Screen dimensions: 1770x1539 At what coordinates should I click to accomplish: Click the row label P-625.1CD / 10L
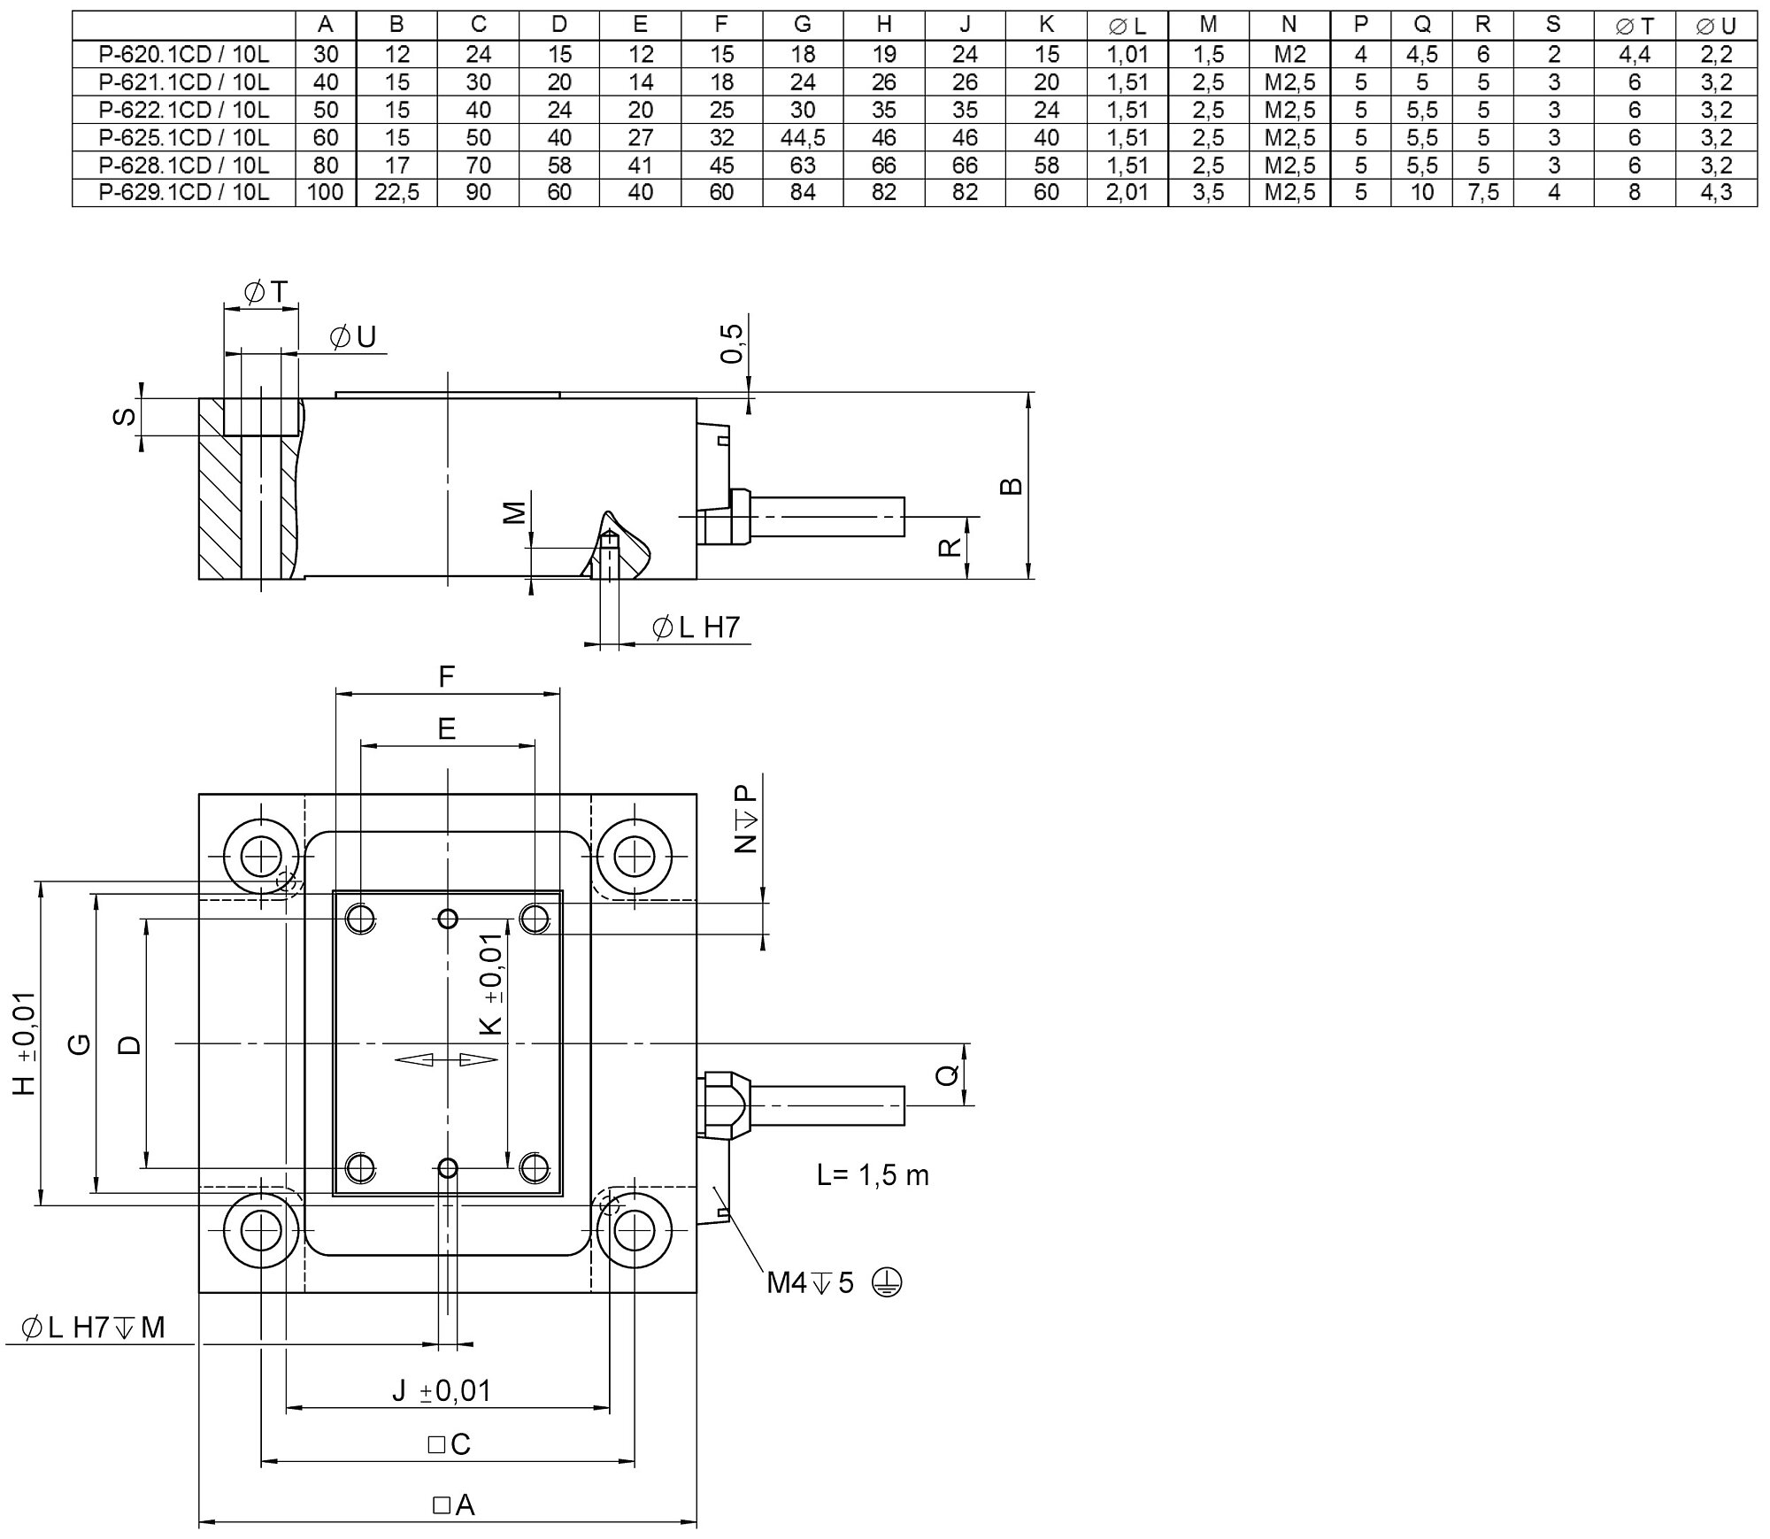click(184, 137)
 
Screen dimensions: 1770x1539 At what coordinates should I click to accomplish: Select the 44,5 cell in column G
click(803, 137)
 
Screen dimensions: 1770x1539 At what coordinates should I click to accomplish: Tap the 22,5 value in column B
click(396, 192)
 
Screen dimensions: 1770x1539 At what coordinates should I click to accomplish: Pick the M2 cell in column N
click(1289, 54)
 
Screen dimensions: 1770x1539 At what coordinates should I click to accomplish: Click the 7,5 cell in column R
click(1483, 192)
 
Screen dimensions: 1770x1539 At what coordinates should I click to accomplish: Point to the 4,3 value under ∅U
click(1716, 192)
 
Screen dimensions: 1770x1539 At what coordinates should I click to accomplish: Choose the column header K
click(1046, 25)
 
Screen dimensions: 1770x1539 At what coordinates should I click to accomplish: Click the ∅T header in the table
click(1635, 27)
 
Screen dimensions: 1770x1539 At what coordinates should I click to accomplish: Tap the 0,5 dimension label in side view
click(732, 342)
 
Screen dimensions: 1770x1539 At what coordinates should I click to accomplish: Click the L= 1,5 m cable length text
click(873, 1175)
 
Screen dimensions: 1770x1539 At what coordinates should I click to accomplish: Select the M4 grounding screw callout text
click(811, 1282)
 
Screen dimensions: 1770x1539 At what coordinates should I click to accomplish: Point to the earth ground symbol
click(887, 1282)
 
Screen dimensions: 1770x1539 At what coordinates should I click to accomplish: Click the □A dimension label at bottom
click(454, 1504)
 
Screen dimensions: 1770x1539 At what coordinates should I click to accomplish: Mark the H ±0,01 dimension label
click(25, 1043)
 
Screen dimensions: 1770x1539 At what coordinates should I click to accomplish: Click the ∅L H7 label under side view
click(696, 627)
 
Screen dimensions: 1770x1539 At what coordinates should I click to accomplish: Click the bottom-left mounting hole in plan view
click(261, 1230)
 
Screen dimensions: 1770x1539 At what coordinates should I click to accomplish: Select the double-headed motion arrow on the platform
click(447, 1059)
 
